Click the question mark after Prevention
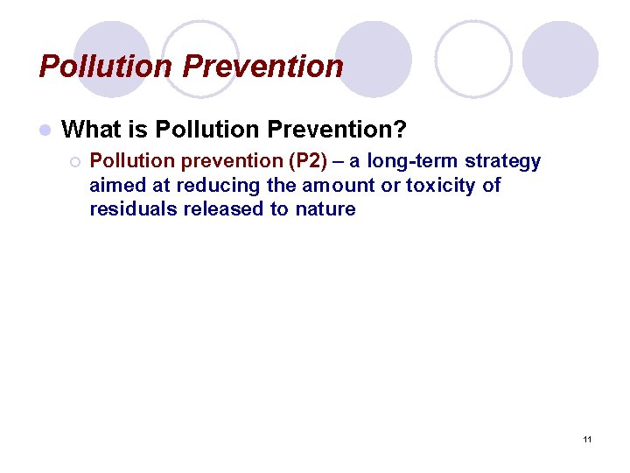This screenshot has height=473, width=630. click(x=400, y=131)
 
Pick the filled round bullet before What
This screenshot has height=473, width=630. click(x=45, y=131)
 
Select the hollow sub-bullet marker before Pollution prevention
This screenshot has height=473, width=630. click(x=74, y=162)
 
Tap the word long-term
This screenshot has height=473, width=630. click(x=412, y=162)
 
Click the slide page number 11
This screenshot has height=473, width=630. click(x=587, y=438)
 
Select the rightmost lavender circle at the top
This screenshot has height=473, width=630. click(x=561, y=59)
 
